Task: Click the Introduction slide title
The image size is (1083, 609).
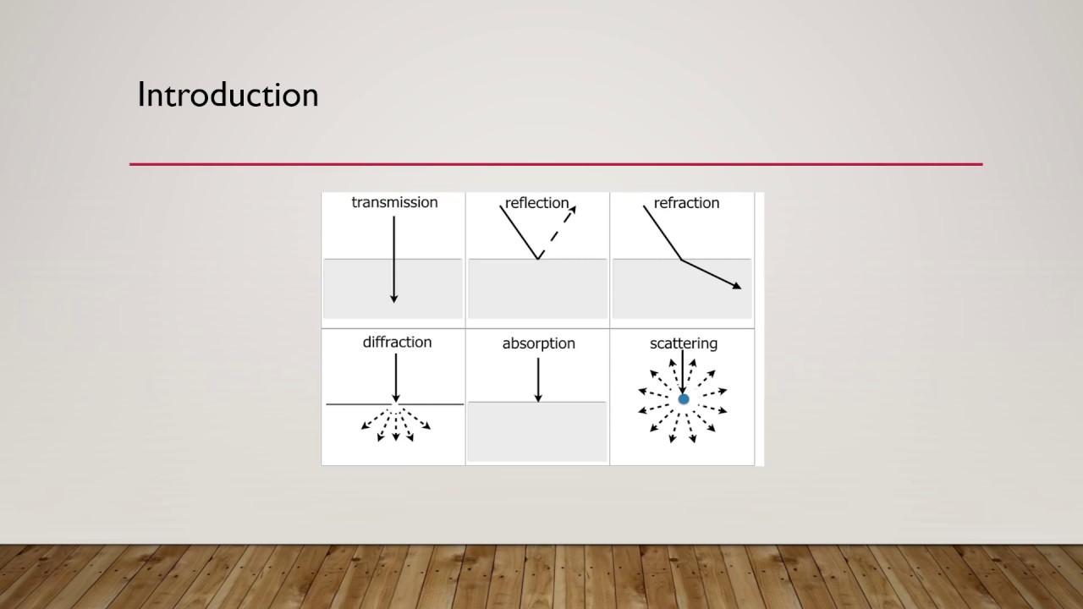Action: (x=228, y=95)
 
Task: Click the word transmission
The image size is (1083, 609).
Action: (x=394, y=202)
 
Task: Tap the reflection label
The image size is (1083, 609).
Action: (x=536, y=203)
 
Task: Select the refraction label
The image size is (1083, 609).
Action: (x=686, y=203)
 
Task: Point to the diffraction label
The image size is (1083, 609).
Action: (x=397, y=342)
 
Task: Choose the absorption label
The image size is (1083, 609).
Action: (x=538, y=343)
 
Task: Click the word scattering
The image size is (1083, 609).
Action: (x=683, y=343)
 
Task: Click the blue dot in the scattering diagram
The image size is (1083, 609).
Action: (x=684, y=399)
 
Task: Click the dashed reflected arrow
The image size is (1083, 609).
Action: (x=557, y=231)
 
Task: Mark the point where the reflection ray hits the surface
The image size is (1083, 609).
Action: (x=538, y=259)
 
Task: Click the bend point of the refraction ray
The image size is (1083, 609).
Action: (x=682, y=260)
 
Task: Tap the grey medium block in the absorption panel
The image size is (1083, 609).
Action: (x=537, y=431)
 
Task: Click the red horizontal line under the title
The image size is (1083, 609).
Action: (x=556, y=164)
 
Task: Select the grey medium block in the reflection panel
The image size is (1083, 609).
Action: (x=537, y=289)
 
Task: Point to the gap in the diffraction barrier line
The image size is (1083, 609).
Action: (x=396, y=405)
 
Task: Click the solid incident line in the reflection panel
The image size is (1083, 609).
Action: (x=519, y=232)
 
